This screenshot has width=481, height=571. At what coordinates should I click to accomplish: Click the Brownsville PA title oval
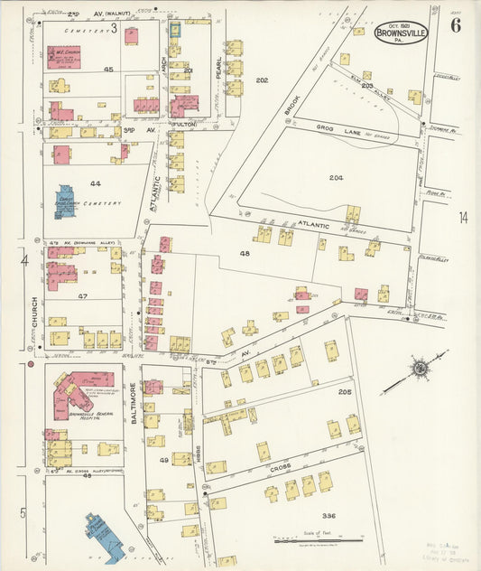(401, 31)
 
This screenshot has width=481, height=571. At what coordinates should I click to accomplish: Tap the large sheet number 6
(456, 25)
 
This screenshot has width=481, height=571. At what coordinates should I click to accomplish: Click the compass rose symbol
(419, 369)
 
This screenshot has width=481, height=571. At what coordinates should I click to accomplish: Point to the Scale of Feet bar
(318, 541)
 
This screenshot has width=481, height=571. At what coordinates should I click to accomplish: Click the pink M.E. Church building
(63, 57)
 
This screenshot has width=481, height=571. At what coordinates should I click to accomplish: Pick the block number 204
(337, 177)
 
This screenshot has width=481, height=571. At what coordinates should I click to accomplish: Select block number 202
(262, 81)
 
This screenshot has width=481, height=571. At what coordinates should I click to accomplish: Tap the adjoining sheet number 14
(463, 217)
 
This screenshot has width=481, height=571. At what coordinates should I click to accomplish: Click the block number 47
(82, 295)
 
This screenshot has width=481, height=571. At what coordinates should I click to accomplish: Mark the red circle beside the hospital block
(31, 366)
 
